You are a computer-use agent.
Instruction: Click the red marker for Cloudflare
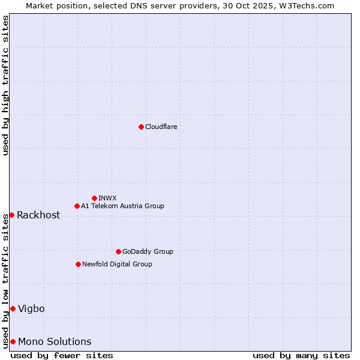[141, 127]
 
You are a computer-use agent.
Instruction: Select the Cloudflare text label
[161, 127]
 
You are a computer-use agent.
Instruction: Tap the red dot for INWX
[94, 198]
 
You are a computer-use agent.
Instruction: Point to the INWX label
[107, 198]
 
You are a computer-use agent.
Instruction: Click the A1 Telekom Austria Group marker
[77, 206]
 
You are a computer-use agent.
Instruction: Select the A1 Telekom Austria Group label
[122, 206]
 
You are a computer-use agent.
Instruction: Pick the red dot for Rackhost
[11, 215]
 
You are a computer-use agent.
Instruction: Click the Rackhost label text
[38, 215]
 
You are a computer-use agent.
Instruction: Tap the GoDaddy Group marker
[118, 251]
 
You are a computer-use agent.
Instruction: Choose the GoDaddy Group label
[148, 251]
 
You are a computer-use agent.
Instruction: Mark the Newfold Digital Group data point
[78, 264]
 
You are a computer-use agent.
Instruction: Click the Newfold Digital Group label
[117, 264]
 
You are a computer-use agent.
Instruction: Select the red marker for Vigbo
[13, 308]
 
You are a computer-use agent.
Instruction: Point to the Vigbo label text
[31, 309]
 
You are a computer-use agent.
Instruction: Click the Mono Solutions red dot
[13, 341]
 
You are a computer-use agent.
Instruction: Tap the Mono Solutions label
[55, 342]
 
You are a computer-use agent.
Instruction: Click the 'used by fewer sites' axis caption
[62, 355]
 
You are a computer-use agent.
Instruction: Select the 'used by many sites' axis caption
[301, 355]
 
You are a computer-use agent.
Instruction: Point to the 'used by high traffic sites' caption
[5, 85]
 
